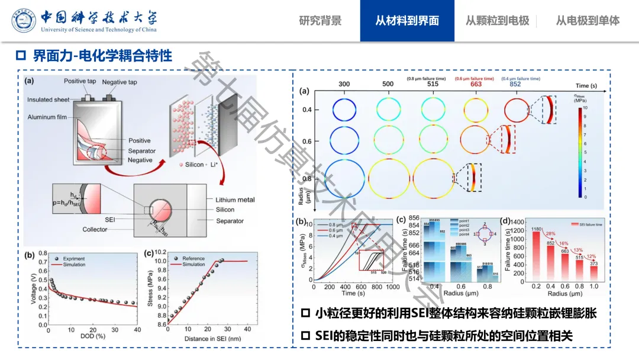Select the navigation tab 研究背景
click(320, 21)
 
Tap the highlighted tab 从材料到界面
click(407, 21)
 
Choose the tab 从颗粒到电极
click(497, 21)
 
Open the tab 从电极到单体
click(588, 21)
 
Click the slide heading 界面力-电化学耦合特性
click(102, 56)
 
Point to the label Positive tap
click(82, 82)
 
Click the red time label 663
click(476, 84)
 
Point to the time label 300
click(344, 84)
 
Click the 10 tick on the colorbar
click(584, 109)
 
